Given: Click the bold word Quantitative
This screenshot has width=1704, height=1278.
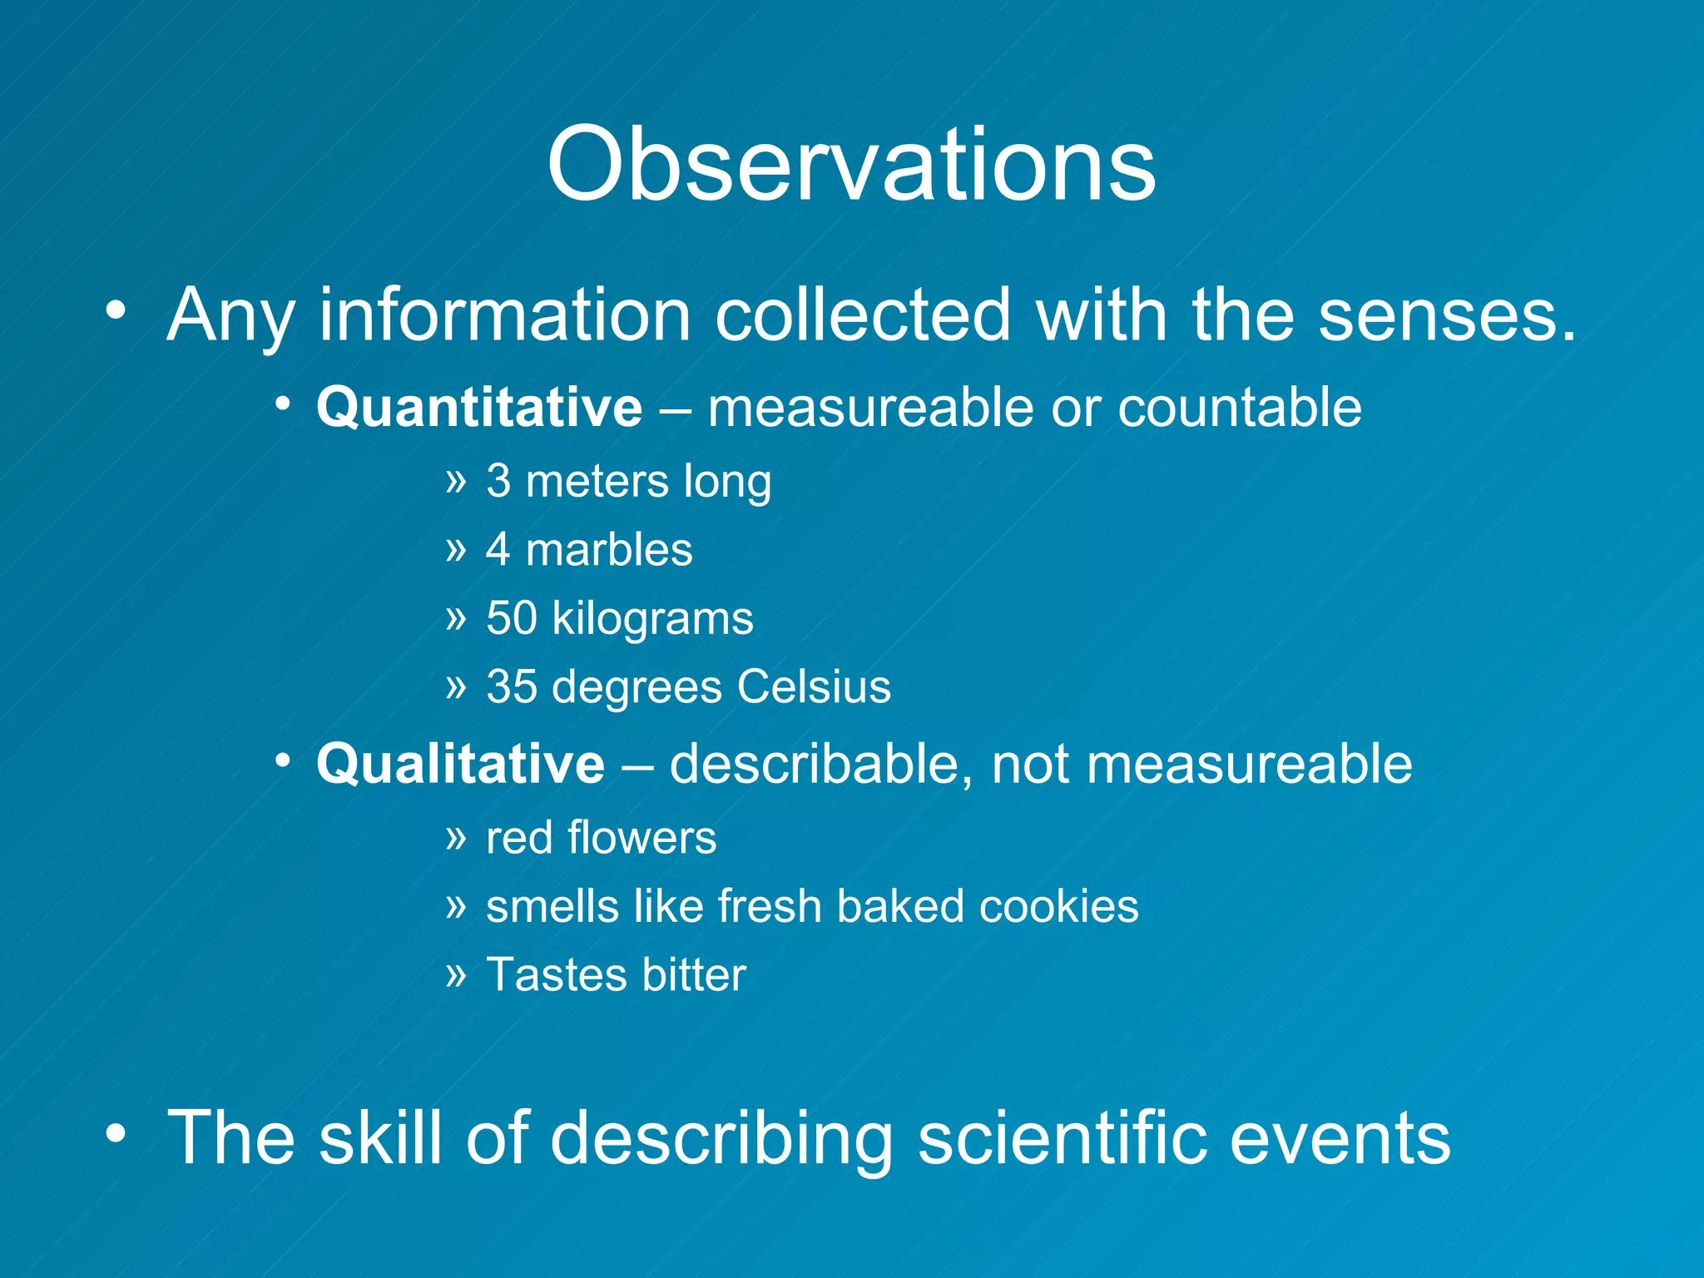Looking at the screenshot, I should [479, 408].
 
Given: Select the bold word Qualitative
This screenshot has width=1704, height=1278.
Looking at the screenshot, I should [460, 764].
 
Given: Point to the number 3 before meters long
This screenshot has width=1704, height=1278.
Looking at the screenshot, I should [498, 481].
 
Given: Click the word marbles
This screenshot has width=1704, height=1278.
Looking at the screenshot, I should [609, 550].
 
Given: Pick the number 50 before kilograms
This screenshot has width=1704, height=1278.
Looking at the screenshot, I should [511, 618].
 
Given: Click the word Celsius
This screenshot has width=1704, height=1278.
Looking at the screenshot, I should [813, 687].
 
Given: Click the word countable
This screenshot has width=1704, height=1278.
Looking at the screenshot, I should [1239, 408].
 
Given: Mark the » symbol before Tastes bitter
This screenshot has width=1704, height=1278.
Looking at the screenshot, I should [456, 973].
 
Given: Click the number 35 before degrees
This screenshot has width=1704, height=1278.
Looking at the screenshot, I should [511, 687].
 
